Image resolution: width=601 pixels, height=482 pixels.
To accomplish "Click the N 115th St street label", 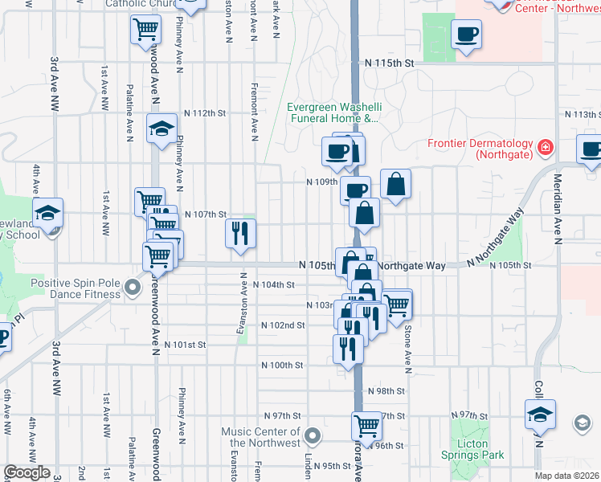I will pos(388,63).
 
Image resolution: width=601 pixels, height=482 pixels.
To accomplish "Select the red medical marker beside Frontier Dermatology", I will pos(546,147).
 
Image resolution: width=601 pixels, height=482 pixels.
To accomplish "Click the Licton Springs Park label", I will pos(472,449).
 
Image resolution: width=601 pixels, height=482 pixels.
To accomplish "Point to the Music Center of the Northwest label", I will pos(261,437).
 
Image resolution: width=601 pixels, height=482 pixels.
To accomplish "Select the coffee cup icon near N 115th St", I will pos(466,34).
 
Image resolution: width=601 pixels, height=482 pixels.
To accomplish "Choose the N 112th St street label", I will pos(205,113).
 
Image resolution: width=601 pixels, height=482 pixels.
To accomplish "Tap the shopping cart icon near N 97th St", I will pos(366,426).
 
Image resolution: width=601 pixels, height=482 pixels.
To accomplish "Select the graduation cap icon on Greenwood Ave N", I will pos(161,128).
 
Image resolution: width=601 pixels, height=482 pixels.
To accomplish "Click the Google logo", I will pos(27,472).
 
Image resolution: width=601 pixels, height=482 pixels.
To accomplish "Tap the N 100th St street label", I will pos(282,365).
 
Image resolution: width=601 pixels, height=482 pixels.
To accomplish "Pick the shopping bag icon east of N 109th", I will pos(395,185).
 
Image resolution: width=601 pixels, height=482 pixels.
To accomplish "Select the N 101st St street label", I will pos(185,345).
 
